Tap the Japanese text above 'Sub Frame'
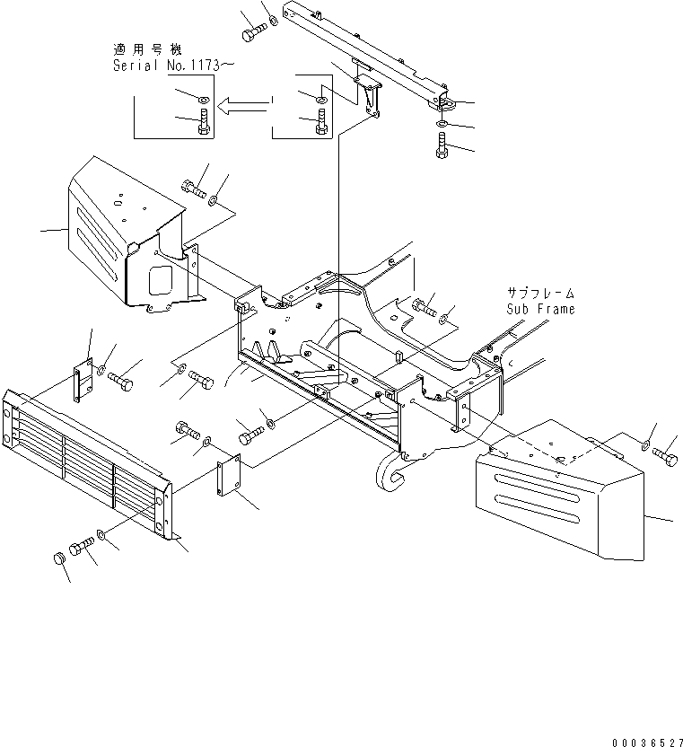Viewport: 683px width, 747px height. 538,293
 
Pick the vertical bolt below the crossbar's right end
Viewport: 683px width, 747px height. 442,145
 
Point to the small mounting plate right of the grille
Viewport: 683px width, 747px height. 229,475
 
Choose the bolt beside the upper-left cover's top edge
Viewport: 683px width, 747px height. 194,189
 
